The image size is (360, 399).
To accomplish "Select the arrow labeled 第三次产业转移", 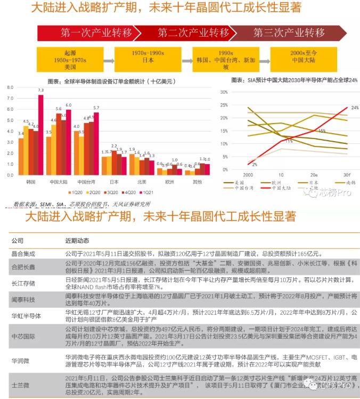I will coord(289,32).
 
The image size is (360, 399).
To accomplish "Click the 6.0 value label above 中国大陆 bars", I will coord(68,105).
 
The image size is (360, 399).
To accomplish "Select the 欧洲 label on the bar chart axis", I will coord(169,182).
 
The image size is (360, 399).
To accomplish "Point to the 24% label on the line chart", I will coord(354,108).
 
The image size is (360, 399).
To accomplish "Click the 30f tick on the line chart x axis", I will coord(347,174).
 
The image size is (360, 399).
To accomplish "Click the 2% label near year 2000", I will coord(255,165).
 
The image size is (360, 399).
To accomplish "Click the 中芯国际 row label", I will coord(24,337).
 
